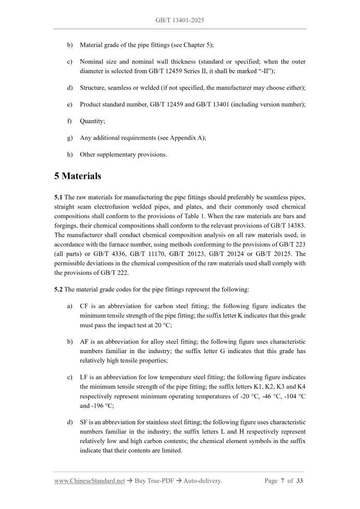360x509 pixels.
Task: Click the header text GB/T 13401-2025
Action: [x=180, y=20]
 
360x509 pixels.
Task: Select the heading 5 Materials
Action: [x=77, y=176]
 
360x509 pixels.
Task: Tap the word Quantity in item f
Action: [x=92, y=121]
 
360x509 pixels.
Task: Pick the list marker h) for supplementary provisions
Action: [x=70, y=154]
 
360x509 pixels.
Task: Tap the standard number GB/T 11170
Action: [x=154, y=254]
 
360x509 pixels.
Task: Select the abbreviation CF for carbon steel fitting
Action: [x=84, y=306]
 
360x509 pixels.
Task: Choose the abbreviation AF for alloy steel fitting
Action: [x=84, y=342]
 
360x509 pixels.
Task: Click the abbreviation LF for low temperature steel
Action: [x=84, y=377]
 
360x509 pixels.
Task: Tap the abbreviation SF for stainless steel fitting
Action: [x=84, y=422]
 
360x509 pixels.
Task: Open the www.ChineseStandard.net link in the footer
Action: [x=89, y=481]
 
